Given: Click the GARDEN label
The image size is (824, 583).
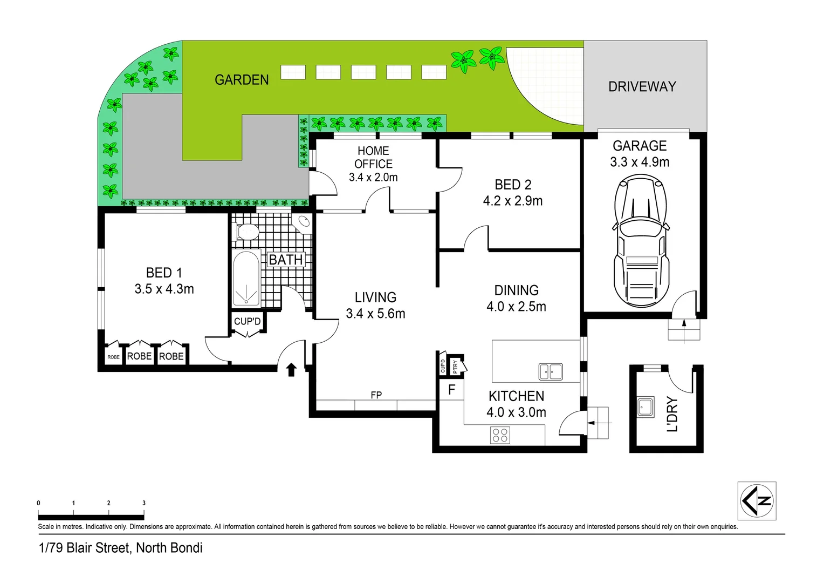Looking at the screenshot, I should tap(242, 80).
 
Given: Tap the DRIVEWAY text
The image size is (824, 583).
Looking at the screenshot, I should tap(642, 86).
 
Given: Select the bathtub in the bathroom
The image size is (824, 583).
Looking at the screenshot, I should tap(246, 279).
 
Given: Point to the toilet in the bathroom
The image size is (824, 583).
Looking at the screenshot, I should tap(248, 231).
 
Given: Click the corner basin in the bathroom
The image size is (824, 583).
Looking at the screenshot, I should tap(303, 222).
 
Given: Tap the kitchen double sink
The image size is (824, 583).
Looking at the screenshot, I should tap(551, 371).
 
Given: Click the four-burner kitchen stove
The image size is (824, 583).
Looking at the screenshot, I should tap(500, 435).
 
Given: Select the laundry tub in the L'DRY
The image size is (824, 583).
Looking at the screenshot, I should tap(645, 407).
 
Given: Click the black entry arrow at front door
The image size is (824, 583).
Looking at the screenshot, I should tap(291, 369).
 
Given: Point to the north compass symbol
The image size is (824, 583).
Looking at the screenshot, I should tap(757, 501).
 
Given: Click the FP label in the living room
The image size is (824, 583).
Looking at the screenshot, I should tap(376, 395).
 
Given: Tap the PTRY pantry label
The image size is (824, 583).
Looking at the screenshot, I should tap(455, 367).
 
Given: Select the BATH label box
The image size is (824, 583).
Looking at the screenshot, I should tap(286, 260).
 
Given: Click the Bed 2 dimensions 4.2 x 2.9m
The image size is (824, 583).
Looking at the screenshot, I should tap(513, 201).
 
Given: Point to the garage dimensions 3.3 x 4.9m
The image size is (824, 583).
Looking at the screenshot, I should tap(640, 162).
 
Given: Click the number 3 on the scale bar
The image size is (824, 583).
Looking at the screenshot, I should tap(144, 503).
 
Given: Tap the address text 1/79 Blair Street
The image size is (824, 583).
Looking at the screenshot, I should tap(121, 548).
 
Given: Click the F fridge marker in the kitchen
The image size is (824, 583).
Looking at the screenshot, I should tap(451, 389).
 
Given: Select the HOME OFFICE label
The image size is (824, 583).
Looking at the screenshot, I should tap(373, 157).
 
